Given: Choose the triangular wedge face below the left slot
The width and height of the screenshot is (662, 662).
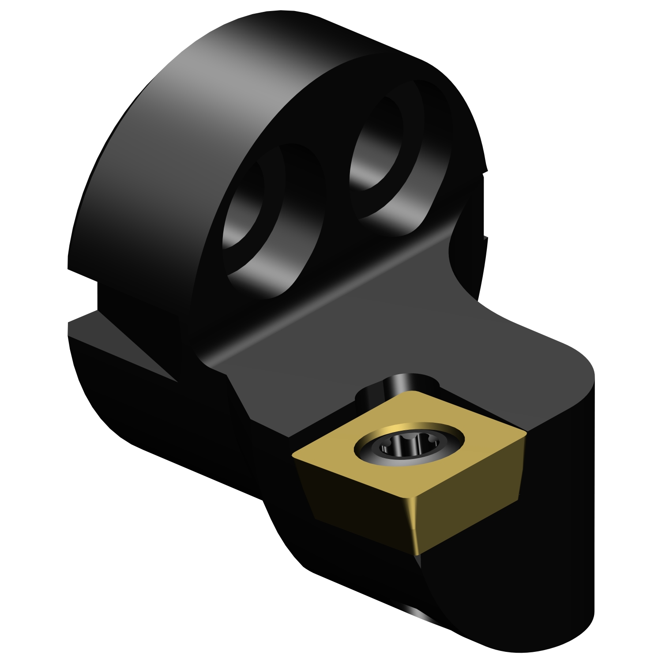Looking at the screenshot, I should pyautogui.click(x=128, y=349).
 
